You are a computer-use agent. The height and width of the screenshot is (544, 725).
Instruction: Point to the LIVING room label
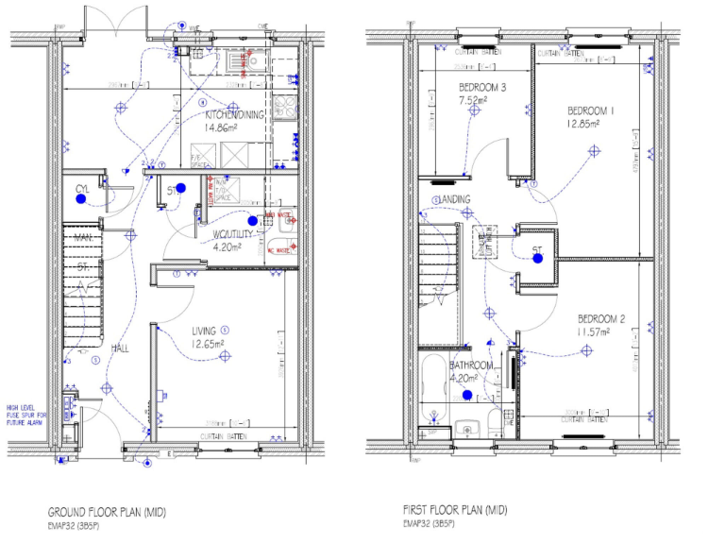pos(205,331)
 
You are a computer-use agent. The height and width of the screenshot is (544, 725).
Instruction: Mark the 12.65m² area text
pos(208,345)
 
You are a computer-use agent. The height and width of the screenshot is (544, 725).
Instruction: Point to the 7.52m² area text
pos(472,100)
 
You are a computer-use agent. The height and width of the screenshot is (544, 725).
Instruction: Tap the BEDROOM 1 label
pos(590,110)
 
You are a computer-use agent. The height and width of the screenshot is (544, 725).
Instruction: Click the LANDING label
pos(452,200)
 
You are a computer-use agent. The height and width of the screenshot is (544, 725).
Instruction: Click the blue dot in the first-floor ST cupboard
pos(537,262)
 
